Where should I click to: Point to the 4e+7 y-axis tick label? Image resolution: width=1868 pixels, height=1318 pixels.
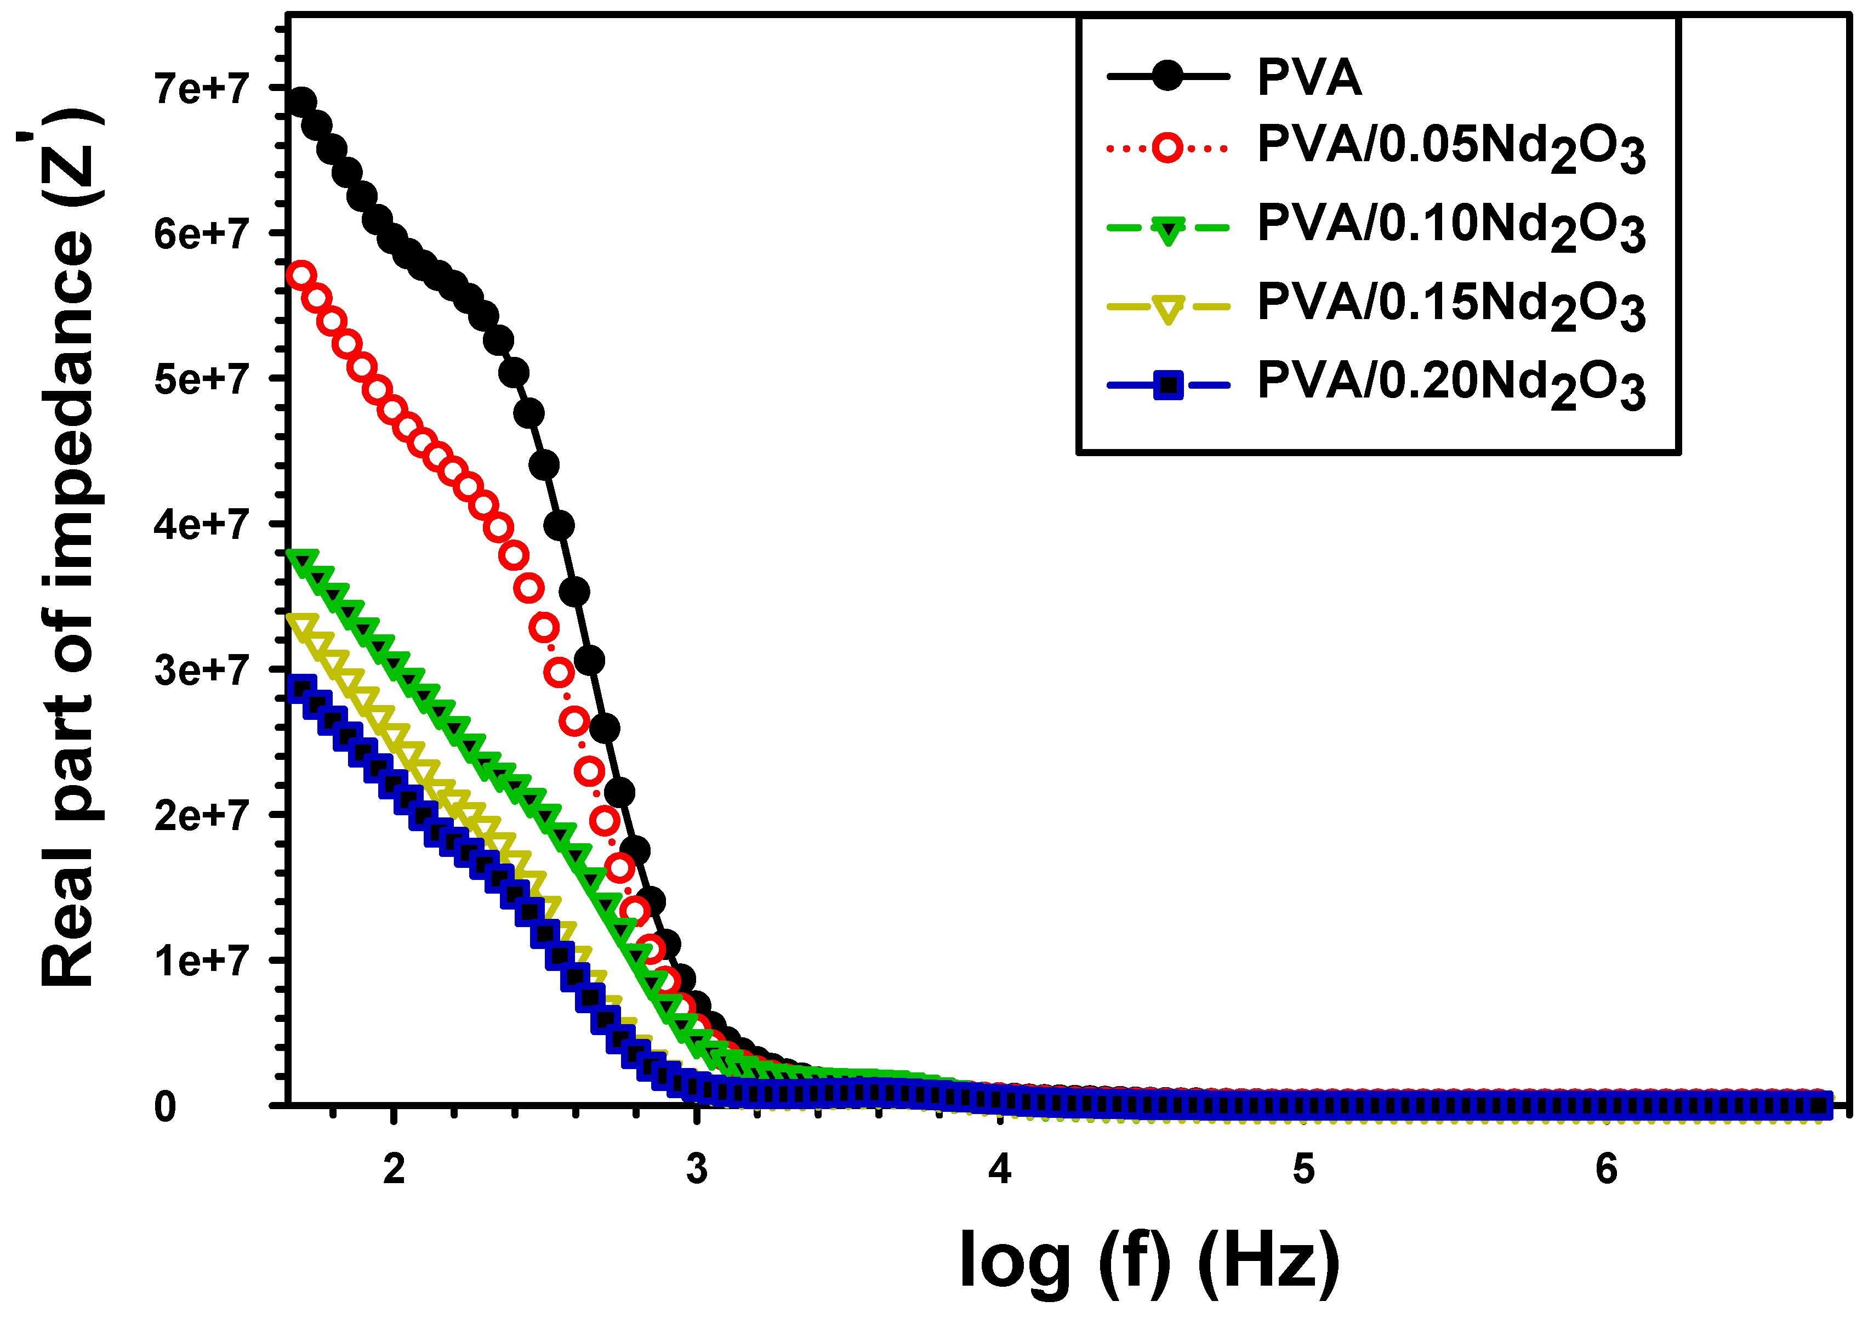click(x=201, y=524)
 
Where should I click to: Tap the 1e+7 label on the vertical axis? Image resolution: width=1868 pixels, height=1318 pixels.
click(x=201, y=961)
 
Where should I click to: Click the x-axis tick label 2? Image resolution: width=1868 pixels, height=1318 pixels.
click(x=394, y=1169)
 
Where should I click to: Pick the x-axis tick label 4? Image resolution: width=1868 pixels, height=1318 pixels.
click(x=1000, y=1169)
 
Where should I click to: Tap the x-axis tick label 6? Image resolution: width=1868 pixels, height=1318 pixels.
click(x=1606, y=1169)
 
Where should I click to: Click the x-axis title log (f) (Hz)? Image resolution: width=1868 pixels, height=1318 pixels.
click(x=1149, y=1259)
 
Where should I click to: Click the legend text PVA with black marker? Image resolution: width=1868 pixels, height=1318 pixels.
click(x=1309, y=77)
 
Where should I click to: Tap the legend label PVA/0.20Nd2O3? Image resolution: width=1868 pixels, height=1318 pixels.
click(x=1451, y=384)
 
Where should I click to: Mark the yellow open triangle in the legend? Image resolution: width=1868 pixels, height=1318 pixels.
click(x=1168, y=308)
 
